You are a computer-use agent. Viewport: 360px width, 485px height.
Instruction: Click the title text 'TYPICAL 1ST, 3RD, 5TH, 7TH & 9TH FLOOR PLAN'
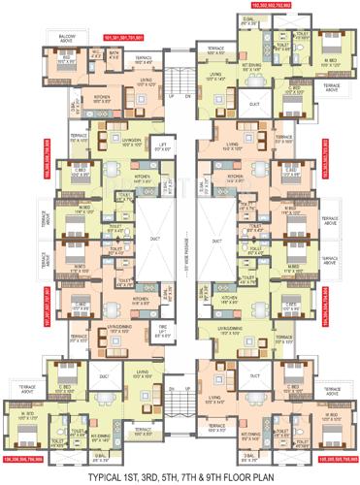coord(180,475)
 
